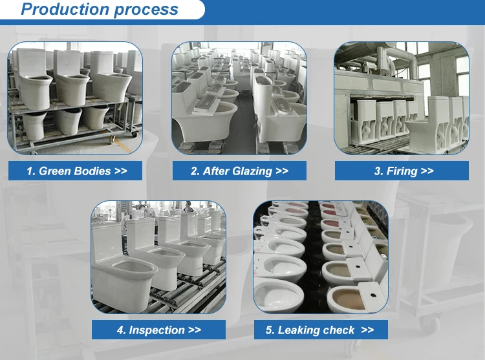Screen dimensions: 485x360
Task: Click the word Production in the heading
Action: pos(65,9)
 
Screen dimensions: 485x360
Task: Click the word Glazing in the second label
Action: pos(252,171)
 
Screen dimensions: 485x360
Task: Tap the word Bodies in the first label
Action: pos(92,171)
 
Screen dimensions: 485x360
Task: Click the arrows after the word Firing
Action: pos(427,171)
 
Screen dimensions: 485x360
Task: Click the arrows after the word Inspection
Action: pos(194,330)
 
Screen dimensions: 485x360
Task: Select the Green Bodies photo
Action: pos(75,98)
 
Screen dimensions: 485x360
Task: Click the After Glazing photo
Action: pos(239,98)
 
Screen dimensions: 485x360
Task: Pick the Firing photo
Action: pos(402,98)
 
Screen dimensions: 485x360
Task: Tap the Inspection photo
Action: pos(158,257)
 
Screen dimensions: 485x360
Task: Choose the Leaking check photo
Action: pos(321,257)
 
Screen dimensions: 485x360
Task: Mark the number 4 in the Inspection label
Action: pos(120,330)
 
